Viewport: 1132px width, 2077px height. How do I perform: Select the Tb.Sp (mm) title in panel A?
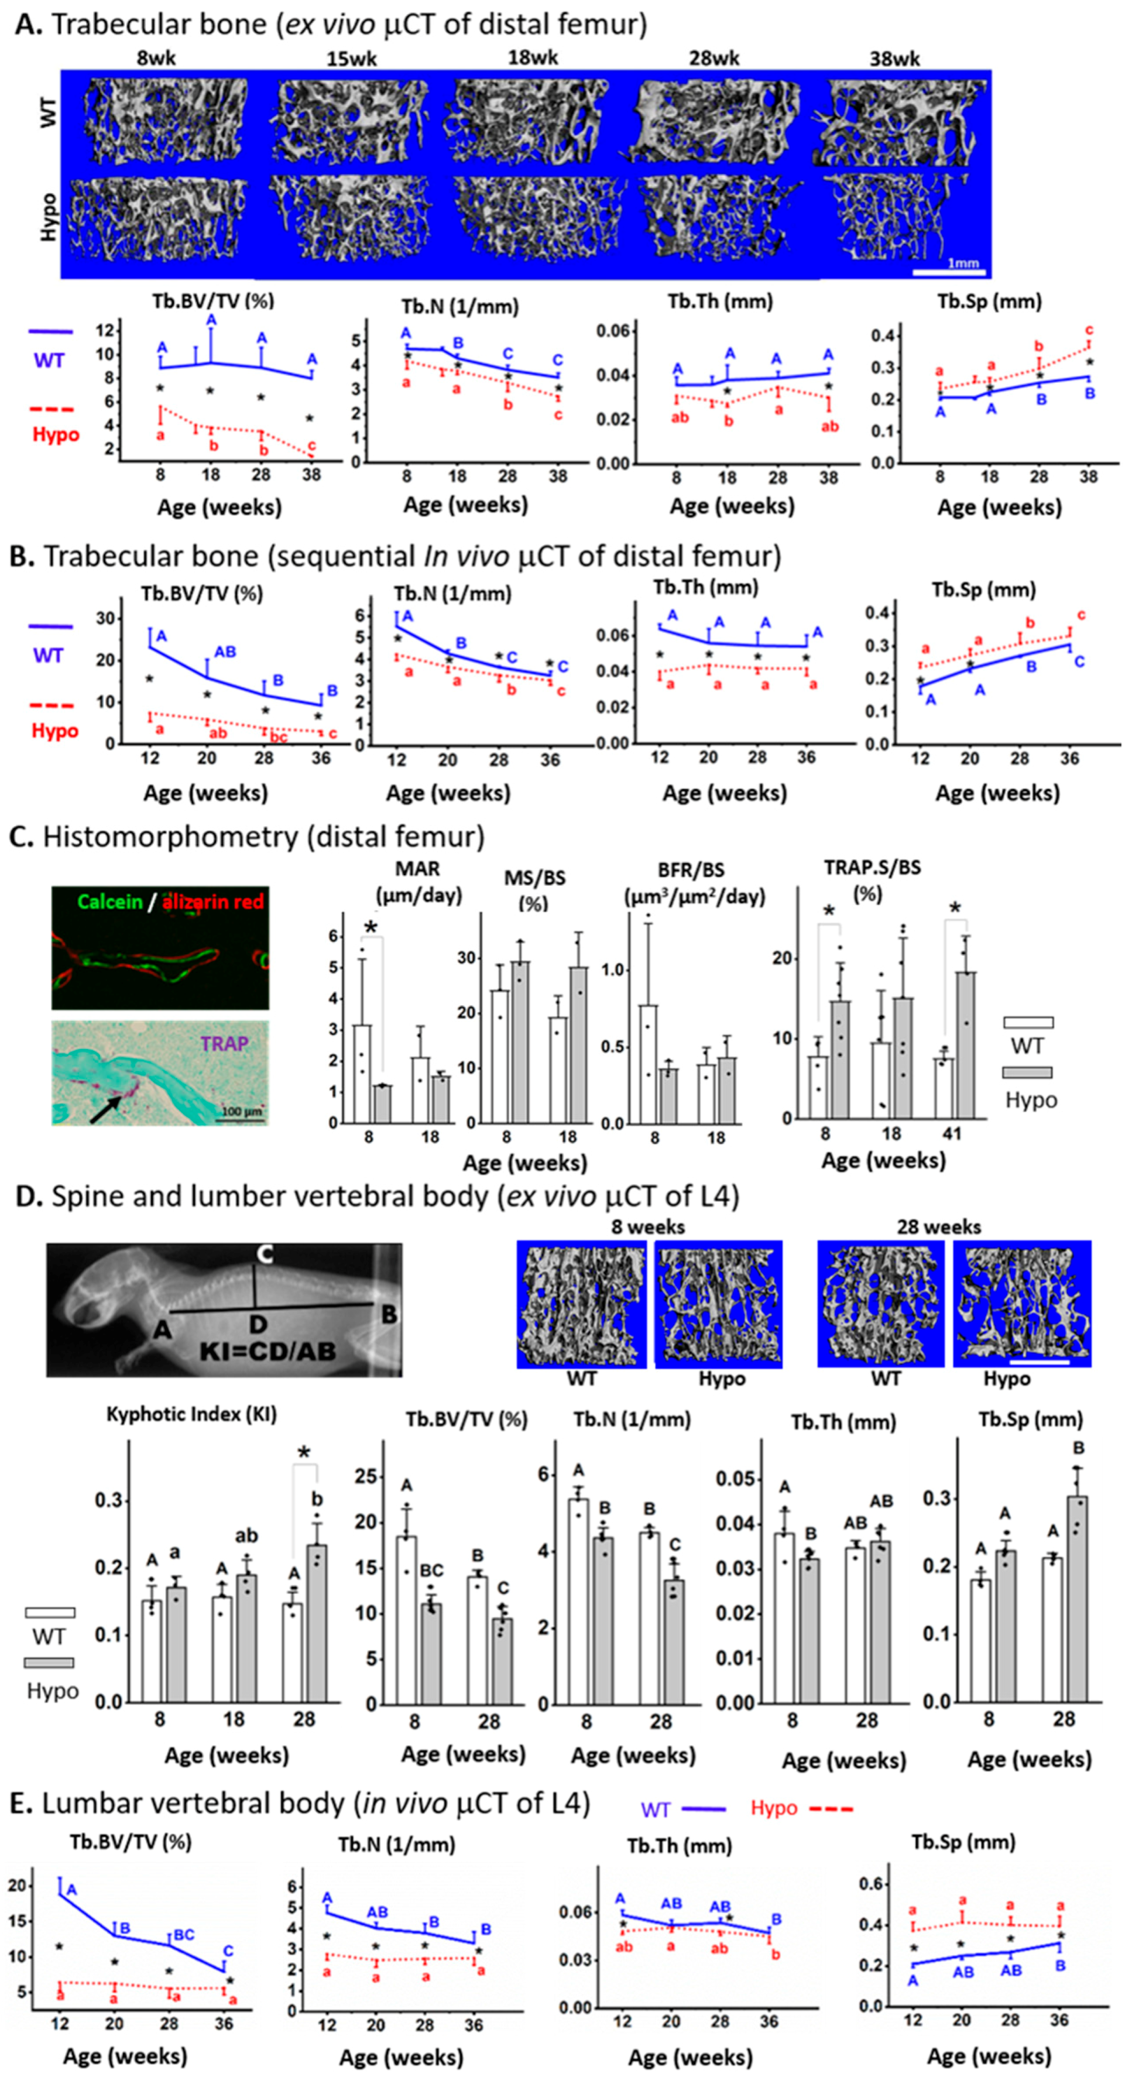coord(989,301)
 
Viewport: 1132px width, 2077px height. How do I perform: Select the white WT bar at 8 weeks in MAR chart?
coord(362,1073)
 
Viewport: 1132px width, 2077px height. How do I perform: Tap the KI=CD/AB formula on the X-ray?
coord(267,1351)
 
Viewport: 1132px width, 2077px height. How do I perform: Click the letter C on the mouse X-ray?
coord(263,1255)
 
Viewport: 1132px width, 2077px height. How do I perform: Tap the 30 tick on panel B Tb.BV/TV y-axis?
coord(105,618)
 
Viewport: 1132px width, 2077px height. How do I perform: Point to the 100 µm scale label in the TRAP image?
coord(241,1112)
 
